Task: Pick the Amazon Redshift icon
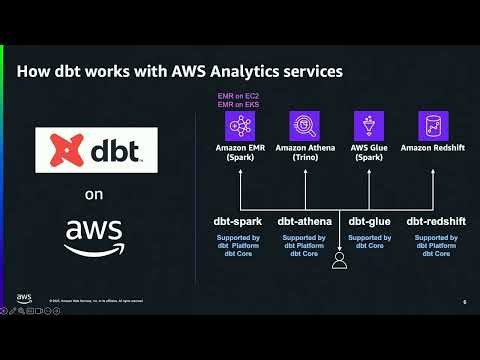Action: (x=432, y=126)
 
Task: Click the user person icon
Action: (x=339, y=261)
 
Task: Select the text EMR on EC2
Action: (x=240, y=96)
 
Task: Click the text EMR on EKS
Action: (x=240, y=105)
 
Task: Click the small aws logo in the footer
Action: (x=23, y=298)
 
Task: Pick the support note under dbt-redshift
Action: (x=432, y=246)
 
